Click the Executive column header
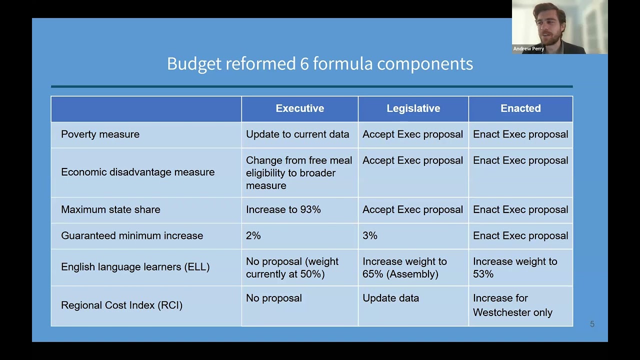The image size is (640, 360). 299,108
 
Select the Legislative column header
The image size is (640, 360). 413,108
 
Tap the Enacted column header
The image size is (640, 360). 520,108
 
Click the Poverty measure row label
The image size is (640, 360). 100,134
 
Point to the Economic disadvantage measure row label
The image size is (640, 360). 137,172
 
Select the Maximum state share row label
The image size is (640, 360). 110,209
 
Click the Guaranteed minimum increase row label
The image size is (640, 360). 132,235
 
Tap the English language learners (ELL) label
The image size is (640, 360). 135,267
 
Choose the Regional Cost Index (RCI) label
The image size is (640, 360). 121,305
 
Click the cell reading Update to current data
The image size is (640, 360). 297,134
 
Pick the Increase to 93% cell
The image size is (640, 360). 283,209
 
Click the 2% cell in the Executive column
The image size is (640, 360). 253,235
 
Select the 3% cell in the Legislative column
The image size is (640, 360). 370,235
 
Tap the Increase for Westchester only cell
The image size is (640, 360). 512,305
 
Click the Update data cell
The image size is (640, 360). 390,298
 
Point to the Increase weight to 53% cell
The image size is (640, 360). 514,267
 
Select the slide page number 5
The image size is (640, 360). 592,324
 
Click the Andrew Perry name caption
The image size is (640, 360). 528,49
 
